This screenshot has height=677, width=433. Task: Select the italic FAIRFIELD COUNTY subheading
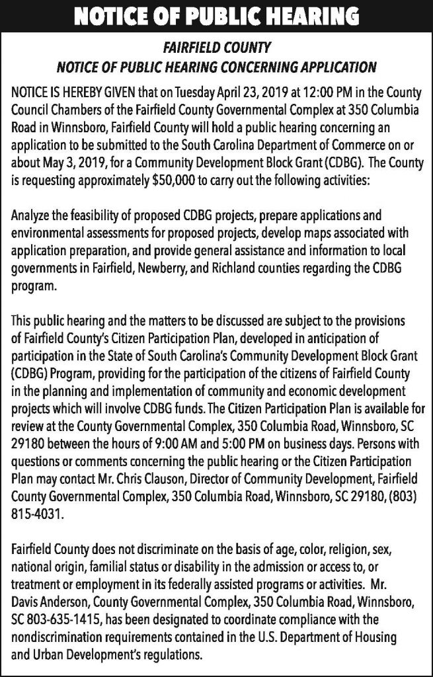pos(216,48)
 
